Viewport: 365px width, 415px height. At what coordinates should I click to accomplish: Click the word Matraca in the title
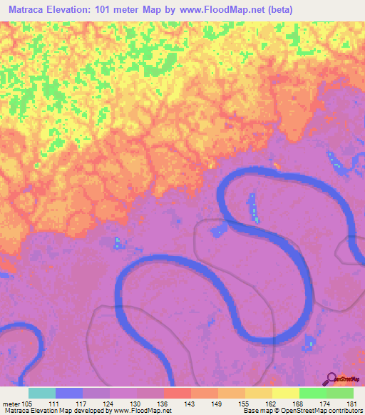(32, 9)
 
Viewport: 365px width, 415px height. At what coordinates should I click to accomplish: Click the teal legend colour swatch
(42, 393)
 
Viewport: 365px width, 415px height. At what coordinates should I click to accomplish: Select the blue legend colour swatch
(69, 393)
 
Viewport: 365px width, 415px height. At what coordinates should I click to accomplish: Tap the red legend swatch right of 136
(178, 393)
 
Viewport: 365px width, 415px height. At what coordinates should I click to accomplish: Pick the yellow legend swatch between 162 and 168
(286, 393)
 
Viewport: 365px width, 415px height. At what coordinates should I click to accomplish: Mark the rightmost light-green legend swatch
(340, 393)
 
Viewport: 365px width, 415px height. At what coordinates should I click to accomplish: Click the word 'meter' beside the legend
(11, 404)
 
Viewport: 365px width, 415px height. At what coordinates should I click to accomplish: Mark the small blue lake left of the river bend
(219, 229)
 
